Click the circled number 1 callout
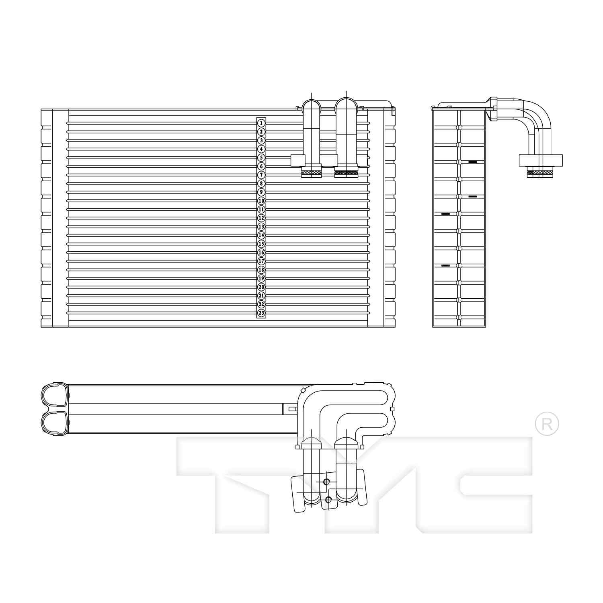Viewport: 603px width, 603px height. point(261,123)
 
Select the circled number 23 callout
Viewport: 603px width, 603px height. point(261,313)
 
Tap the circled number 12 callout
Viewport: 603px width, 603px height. point(261,218)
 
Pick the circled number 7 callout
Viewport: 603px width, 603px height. point(261,175)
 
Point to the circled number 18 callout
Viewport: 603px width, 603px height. point(261,270)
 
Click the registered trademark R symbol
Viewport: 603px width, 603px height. point(547,424)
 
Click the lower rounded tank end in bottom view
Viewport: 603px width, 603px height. point(55,423)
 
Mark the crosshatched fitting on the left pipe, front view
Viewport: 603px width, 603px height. point(312,173)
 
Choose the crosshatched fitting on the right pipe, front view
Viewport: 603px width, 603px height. point(346,173)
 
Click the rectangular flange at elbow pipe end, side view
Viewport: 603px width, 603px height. point(541,160)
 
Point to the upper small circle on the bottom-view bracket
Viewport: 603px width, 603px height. point(326,482)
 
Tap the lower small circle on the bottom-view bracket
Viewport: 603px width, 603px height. point(328,500)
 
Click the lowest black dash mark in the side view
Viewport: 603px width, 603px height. point(445,266)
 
